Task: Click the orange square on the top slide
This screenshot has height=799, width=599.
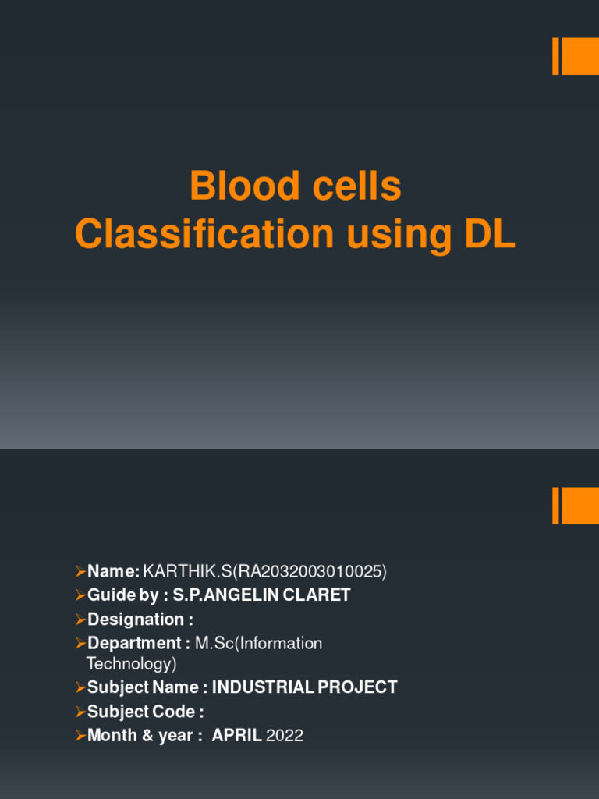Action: tap(580, 56)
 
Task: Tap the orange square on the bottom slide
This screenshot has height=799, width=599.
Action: tap(580, 506)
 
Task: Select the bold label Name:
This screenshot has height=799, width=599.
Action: tap(114, 572)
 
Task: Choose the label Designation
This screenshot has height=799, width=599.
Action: tap(136, 620)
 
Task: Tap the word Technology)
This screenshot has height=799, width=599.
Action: tap(131, 664)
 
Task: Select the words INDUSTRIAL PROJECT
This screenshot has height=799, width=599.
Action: tap(305, 687)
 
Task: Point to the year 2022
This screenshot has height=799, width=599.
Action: tap(285, 735)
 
